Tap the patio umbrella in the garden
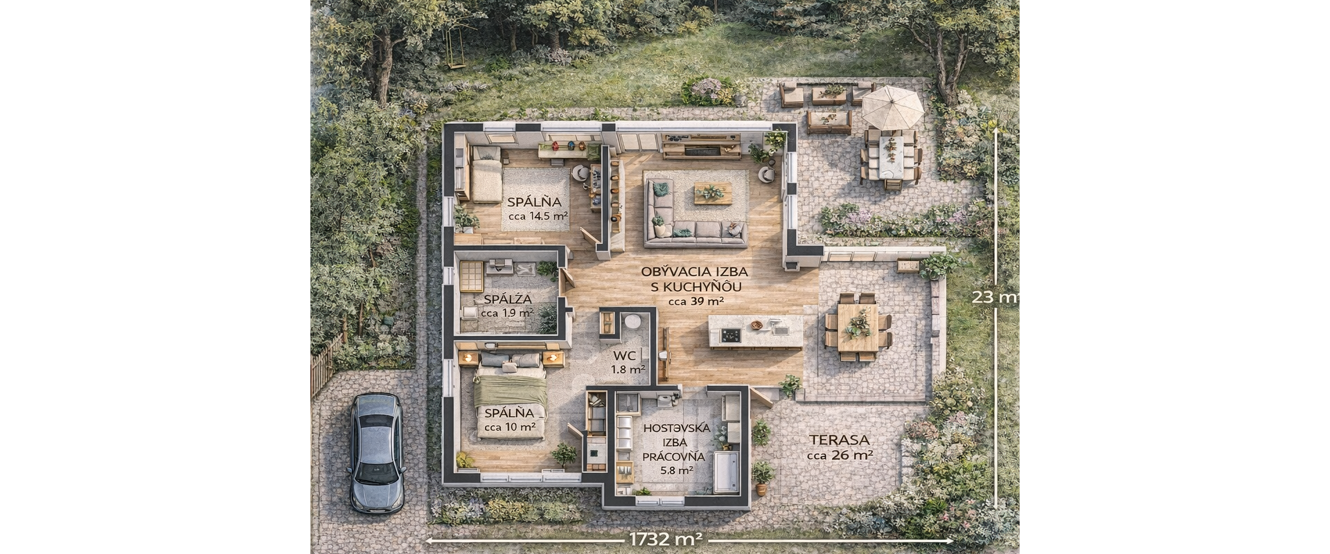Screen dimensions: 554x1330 (x=892, y=107)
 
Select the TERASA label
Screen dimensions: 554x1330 (x=839, y=440)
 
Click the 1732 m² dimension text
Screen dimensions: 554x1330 (x=666, y=539)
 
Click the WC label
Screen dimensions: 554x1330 (x=623, y=355)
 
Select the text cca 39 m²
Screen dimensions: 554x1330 (x=695, y=301)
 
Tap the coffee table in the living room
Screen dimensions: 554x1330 (x=713, y=193)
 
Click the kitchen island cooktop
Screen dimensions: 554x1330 (x=730, y=335)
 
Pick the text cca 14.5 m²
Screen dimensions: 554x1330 (x=538, y=215)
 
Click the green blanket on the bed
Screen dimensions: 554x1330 (x=511, y=392)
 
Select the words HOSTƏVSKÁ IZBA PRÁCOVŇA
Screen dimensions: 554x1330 (x=676, y=442)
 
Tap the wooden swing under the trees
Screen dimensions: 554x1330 (x=455, y=50)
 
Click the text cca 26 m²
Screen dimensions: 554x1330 (x=840, y=455)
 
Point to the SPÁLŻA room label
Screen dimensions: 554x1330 (x=508, y=299)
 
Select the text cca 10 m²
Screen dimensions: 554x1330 (x=509, y=427)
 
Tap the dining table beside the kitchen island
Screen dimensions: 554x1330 (x=858, y=328)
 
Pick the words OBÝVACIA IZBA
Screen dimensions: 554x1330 (x=684, y=272)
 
